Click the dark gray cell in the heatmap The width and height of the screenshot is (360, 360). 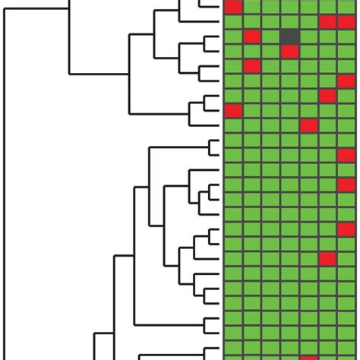click(x=289, y=36)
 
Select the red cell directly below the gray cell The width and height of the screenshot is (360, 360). click(x=289, y=52)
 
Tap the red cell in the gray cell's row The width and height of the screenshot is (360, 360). click(x=251, y=36)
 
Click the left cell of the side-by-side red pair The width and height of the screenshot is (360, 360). click(x=327, y=22)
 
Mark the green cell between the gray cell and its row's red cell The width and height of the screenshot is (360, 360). click(x=270, y=36)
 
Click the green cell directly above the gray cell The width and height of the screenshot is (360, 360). click(x=289, y=22)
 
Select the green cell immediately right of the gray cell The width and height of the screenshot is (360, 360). click(x=308, y=36)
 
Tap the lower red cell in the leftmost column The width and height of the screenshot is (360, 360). click(x=232, y=111)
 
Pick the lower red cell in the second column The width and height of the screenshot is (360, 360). click(x=251, y=66)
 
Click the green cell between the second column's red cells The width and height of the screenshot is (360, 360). click(x=251, y=52)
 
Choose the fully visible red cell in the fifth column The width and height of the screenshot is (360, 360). click(x=308, y=125)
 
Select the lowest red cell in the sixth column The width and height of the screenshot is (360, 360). click(x=327, y=259)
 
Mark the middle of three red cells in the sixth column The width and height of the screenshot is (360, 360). click(x=327, y=96)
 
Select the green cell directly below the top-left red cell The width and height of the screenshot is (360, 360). click(x=232, y=22)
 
